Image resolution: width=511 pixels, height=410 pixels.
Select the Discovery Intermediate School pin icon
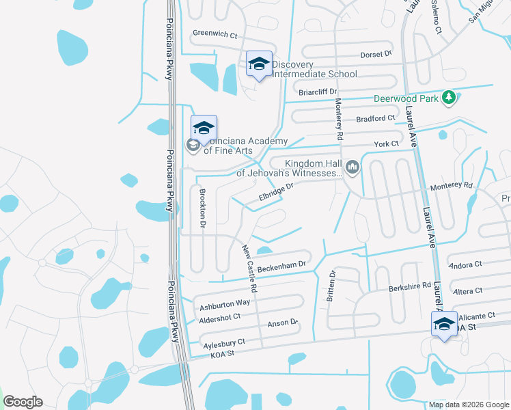(x=259, y=65)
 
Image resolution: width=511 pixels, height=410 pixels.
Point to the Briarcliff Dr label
(x=318, y=92)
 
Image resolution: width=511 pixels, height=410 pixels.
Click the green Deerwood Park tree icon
(x=449, y=98)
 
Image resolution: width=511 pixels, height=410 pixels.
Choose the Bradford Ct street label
(x=376, y=118)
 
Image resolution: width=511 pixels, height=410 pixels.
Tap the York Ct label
(x=386, y=144)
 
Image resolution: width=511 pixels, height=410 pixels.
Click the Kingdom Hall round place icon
(x=353, y=166)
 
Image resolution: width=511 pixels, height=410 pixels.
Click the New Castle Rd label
(x=249, y=269)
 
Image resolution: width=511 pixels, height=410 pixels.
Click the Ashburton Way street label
(x=224, y=303)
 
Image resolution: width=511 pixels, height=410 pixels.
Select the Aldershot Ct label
(x=219, y=317)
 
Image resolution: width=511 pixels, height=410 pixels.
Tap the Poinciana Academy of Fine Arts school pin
(x=204, y=128)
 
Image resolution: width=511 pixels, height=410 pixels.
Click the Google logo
(x=23, y=402)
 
